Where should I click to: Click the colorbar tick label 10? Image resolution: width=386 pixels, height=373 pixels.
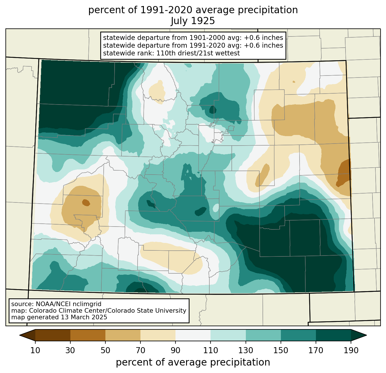point(35,351)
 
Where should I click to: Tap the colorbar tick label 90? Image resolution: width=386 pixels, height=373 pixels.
point(175,351)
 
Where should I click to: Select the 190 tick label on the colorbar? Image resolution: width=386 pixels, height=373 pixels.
point(351,351)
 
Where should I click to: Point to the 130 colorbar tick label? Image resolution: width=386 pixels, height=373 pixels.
point(246,351)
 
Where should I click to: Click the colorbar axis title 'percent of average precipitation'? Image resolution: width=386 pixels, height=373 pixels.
point(193,362)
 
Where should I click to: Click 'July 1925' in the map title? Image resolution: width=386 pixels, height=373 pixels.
point(193,21)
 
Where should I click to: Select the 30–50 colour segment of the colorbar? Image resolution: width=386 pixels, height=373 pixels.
point(88,335)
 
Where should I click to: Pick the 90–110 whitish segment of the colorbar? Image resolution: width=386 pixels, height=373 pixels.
point(193,335)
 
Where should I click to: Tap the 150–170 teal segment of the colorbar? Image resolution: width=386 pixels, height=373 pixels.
point(298,335)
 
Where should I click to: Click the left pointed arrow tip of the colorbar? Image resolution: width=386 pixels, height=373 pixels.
point(20,335)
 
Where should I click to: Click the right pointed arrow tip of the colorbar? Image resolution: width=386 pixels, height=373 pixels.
point(366,335)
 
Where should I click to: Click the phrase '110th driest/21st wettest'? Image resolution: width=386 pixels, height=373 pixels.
point(198,53)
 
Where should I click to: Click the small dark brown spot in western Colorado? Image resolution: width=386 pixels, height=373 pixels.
point(86,203)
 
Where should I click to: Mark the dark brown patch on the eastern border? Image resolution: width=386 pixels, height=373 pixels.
point(344,173)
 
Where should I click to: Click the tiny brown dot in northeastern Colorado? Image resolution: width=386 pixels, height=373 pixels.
point(294,82)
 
